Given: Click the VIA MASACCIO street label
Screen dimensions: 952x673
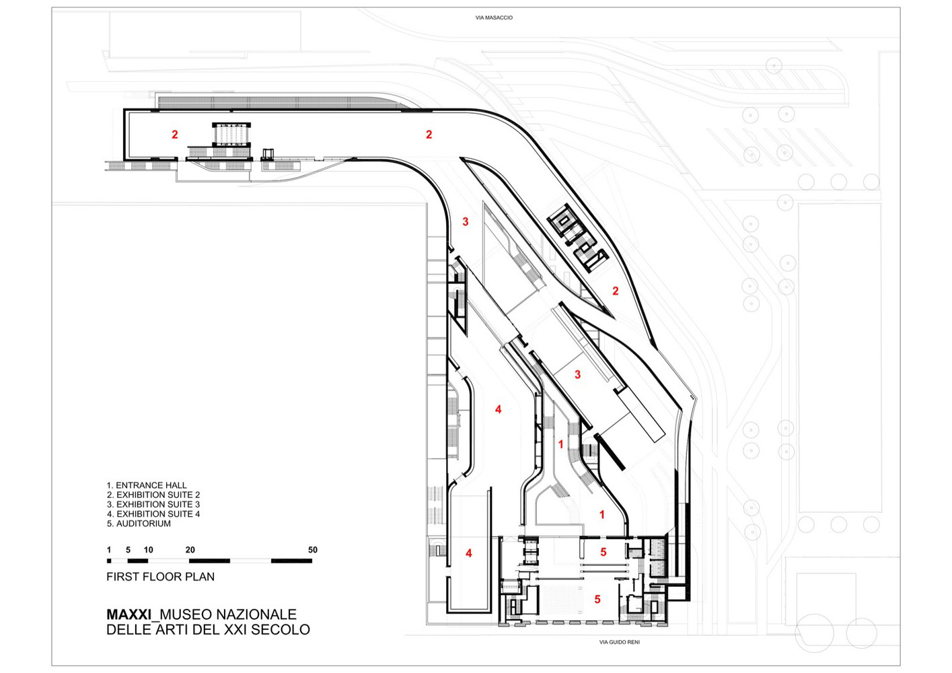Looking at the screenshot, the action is pos(494,18).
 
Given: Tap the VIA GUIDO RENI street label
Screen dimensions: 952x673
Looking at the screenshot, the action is pos(619,642).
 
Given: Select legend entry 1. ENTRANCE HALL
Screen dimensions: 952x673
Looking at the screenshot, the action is pos(147,485).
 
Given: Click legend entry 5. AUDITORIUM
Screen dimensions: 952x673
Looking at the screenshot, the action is pos(139,524).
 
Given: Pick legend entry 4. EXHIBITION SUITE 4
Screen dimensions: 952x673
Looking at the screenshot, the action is pos(153,513).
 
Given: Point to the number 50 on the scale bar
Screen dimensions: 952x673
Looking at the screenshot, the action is pos(313,550).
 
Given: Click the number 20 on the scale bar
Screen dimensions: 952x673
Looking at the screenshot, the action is pos(190,550).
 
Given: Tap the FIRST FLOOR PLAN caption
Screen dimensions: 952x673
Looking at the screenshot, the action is pos(160,577).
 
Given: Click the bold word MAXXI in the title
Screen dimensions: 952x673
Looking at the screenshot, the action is pos(129,614).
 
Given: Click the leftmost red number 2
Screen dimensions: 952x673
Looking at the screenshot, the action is pos(175,135).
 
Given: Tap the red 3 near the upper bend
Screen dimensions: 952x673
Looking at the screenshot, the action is pos(466,221).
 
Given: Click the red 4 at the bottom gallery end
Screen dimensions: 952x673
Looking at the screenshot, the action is pos(469,553).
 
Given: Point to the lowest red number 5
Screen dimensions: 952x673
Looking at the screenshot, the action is pos(597,600).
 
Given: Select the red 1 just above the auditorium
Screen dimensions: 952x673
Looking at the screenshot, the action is pos(601,514).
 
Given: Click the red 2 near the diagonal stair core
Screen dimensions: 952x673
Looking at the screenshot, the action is pos(616,291).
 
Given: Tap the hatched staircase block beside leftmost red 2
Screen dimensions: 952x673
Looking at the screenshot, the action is pos(231,135).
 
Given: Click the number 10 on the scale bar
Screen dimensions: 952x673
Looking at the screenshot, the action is pos(148,550).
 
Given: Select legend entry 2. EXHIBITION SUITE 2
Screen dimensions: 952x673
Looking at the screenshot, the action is pos(153,495).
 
